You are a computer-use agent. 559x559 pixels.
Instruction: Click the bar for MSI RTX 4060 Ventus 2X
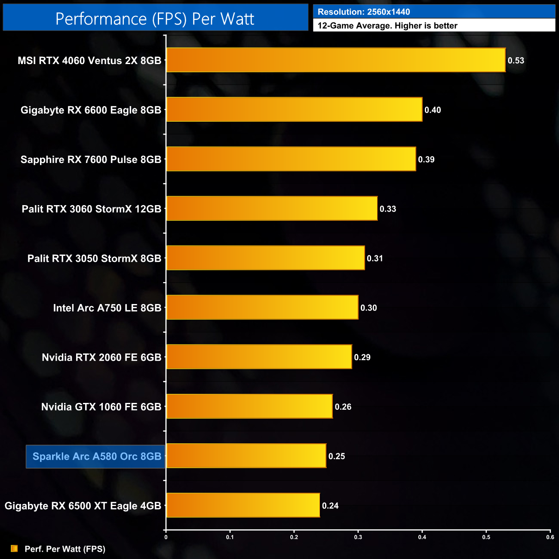click(335, 60)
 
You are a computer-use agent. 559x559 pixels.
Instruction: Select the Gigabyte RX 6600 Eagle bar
click(294, 110)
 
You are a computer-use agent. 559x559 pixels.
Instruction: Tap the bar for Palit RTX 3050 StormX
click(265, 258)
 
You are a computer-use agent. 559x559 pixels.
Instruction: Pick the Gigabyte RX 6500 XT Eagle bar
click(243, 505)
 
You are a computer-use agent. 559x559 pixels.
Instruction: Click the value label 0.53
click(516, 61)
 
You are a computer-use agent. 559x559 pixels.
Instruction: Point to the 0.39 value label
click(426, 160)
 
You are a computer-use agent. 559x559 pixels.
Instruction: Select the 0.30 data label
click(369, 308)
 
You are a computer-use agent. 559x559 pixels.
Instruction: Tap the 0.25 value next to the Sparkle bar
click(337, 456)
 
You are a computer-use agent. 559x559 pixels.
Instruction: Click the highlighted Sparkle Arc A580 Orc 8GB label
click(96, 456)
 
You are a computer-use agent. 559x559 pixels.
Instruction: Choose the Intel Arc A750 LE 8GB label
click(107, 308)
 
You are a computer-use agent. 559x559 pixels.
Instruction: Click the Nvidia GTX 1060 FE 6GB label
click(101, 407)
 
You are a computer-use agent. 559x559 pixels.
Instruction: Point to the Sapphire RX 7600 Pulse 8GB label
click(91, 160)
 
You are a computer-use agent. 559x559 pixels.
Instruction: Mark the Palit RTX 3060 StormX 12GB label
click(91, 209)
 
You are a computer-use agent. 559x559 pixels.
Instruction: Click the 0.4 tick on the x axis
click(422, 537)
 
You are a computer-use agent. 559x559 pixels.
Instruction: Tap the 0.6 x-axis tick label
click(550, 537)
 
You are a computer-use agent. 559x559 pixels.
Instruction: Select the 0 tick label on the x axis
click(166, 537)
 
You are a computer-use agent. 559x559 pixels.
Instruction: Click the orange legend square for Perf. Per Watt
click(14, 549)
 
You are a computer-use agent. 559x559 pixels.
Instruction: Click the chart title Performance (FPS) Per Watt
click(155, 19)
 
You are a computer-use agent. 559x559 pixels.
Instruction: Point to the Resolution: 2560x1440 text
click(364, 12)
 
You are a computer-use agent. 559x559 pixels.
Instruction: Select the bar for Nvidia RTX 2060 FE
click(259, 357)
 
